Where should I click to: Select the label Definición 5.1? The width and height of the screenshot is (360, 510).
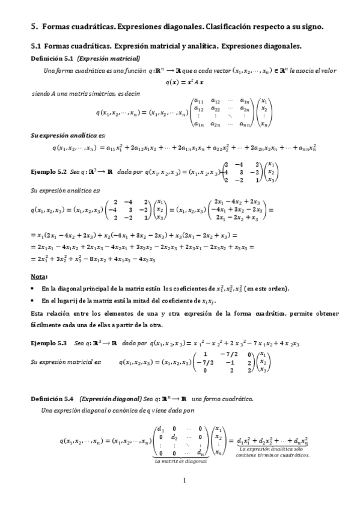(x=52, y=58)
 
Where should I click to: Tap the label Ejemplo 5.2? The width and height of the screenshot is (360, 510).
(x=48, y=171)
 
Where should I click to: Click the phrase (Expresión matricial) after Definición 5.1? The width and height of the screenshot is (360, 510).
(x=109, y=58)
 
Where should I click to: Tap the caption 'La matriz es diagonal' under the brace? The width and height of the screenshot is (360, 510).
(x=180, y=461)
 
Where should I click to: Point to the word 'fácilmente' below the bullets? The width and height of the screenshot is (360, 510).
(x=45, y=325)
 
